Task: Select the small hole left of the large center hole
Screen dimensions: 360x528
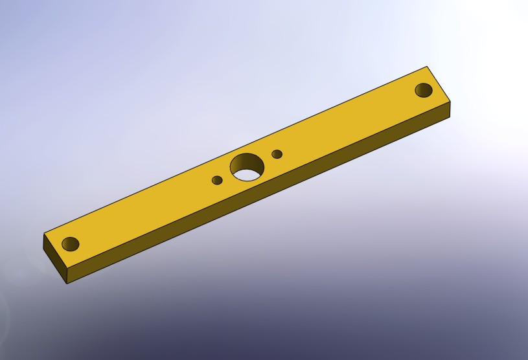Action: (x=217, y=180)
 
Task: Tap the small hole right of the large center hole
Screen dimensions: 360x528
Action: (x=277, y=154)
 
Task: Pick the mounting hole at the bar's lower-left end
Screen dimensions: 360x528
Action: (x=70, y=244)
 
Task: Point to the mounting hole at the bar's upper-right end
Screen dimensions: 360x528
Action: (x=424, y=89)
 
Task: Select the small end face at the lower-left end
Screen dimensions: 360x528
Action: (x=56, y=258)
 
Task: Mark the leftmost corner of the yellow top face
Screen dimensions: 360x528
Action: (x=43, y=234)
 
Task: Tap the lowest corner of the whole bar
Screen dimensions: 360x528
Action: (x=68, y=283)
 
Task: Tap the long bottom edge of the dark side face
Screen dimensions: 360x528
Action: (x=259, y=200)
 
